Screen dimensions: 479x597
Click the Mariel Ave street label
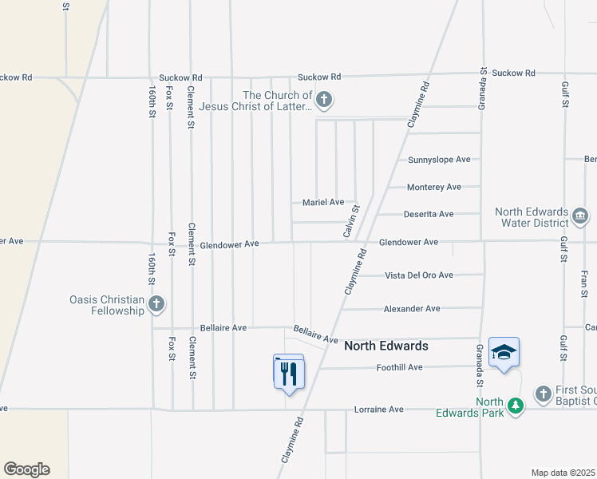coord(322,202)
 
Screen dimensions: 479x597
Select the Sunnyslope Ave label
coord(439,160)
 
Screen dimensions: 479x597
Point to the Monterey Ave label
coord(434,187)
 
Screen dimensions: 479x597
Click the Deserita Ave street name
coord(428,214)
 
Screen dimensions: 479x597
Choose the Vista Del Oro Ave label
coord(419,275)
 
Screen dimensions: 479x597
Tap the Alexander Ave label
coord(412,309)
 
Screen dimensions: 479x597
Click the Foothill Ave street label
coord(399,367)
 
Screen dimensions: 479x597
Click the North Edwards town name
coord(385,346)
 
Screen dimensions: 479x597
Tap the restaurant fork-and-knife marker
coord(288,372)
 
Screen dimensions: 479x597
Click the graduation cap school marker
coord(504,352)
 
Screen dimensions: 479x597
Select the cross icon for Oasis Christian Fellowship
coord(156,304)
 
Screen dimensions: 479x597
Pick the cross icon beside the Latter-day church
coord(323,101)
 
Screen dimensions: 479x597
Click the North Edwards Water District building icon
coord(580,216)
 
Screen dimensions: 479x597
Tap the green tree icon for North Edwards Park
coord(516,406)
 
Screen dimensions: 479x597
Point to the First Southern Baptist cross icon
coord(543,394)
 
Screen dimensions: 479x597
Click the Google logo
coord(26,469)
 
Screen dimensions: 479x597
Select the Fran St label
coord(584,283)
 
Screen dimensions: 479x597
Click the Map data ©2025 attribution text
coord(563,473)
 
